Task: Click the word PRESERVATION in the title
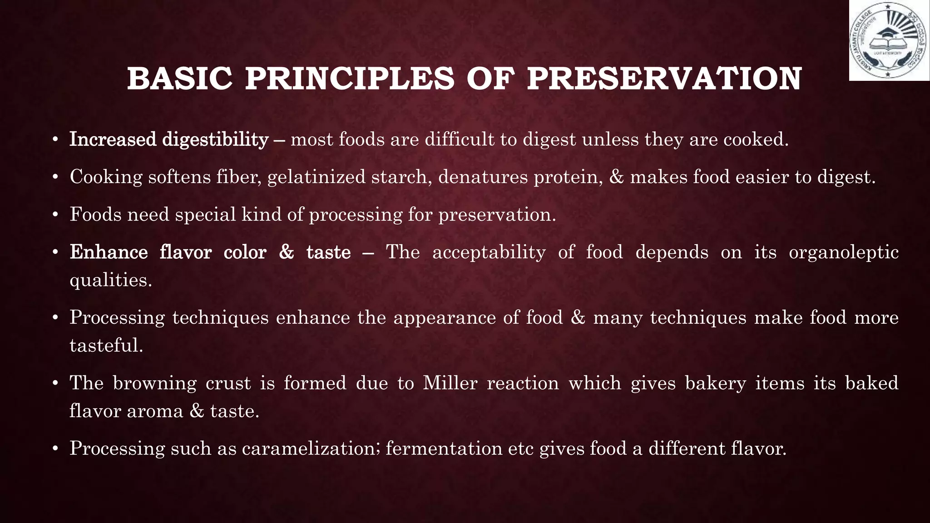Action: click(664, 79)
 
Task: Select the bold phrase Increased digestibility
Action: click(169, 139)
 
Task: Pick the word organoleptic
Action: click(843, 252)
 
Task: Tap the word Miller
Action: click(450, 383)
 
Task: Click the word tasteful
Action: click(106, 345)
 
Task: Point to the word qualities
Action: click(110, 280)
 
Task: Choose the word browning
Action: click(154, 383)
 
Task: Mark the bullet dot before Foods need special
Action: click(55, 215)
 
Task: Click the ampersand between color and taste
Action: click(286, 252)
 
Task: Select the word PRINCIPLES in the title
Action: click(350, 79)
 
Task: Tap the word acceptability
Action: click(489, 252)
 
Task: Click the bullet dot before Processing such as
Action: click(55, 449)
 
